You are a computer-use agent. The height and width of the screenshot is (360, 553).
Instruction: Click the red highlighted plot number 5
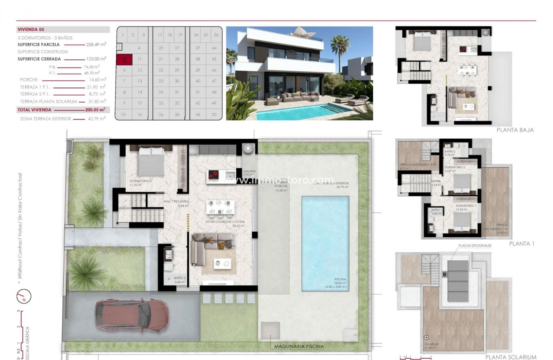coord(124,60)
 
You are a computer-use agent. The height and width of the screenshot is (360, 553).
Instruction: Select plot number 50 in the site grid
coord(214,114)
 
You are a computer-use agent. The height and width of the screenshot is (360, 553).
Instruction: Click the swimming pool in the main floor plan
coord(326,243)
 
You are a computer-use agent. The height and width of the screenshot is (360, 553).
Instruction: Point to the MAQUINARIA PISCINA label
coord(299,347)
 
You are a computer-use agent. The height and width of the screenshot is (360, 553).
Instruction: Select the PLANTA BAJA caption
coord(515,130)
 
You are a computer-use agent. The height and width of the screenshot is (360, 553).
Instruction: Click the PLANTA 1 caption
coord(522,243)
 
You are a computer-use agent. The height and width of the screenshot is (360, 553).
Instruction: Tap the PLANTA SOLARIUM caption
coord(511,357)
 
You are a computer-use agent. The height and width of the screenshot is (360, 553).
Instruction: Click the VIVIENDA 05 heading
coord(31,30)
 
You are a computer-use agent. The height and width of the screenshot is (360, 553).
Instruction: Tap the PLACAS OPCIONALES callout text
coord(475,246)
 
